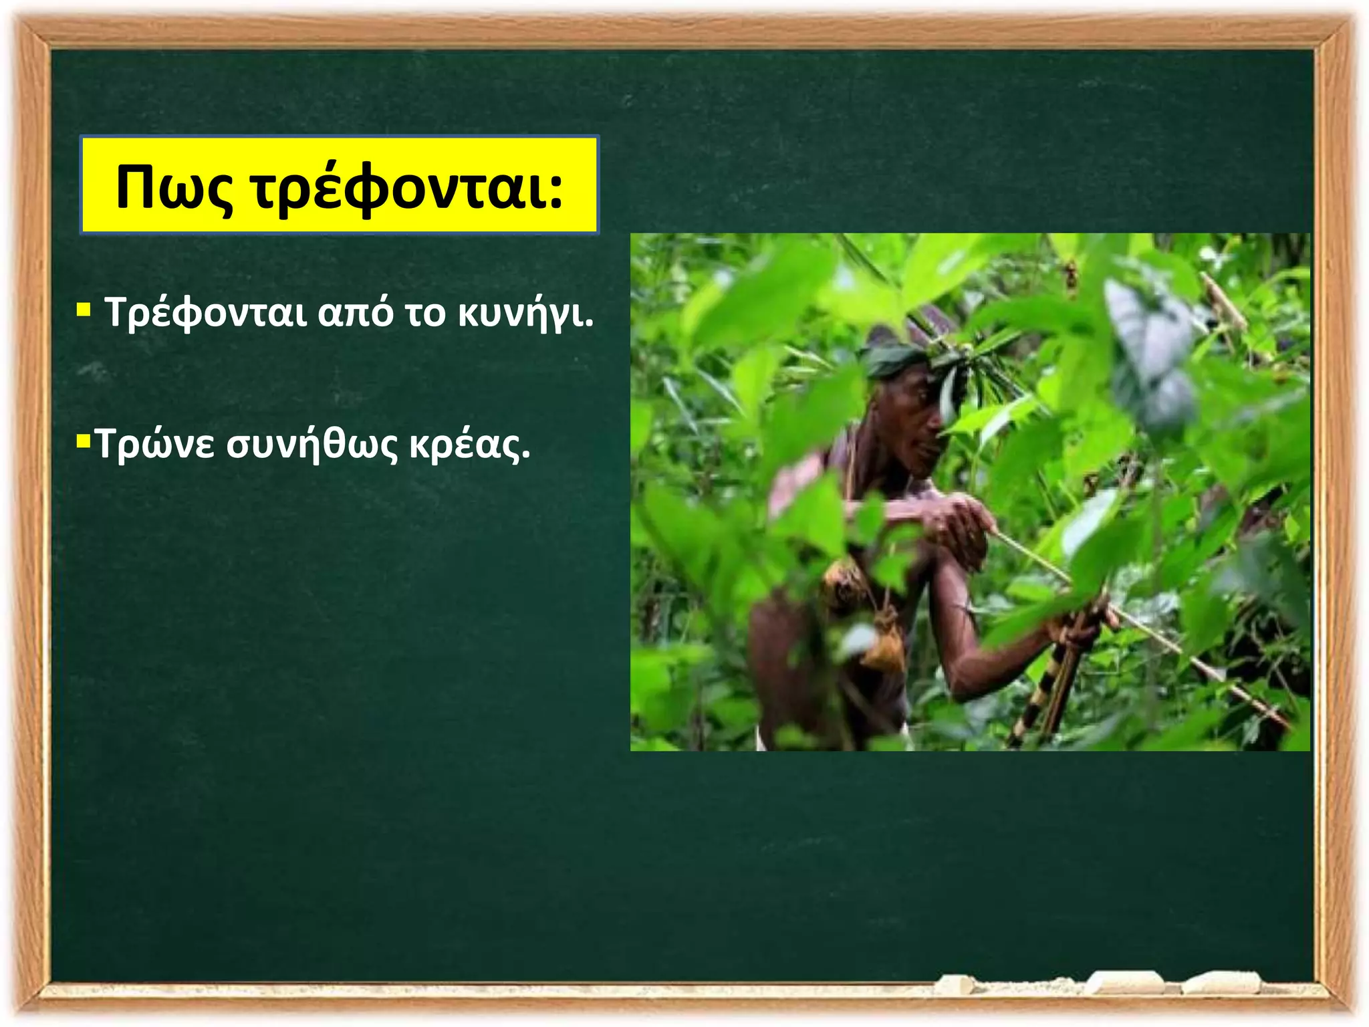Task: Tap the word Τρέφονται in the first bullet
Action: click(x=206, y=312)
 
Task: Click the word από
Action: click(x=356, y=312)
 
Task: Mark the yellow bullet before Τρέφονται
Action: click(x=84, y=310)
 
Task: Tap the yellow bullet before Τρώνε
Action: click(x=84, y=442)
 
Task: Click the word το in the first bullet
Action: click(x=425, y=312)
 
